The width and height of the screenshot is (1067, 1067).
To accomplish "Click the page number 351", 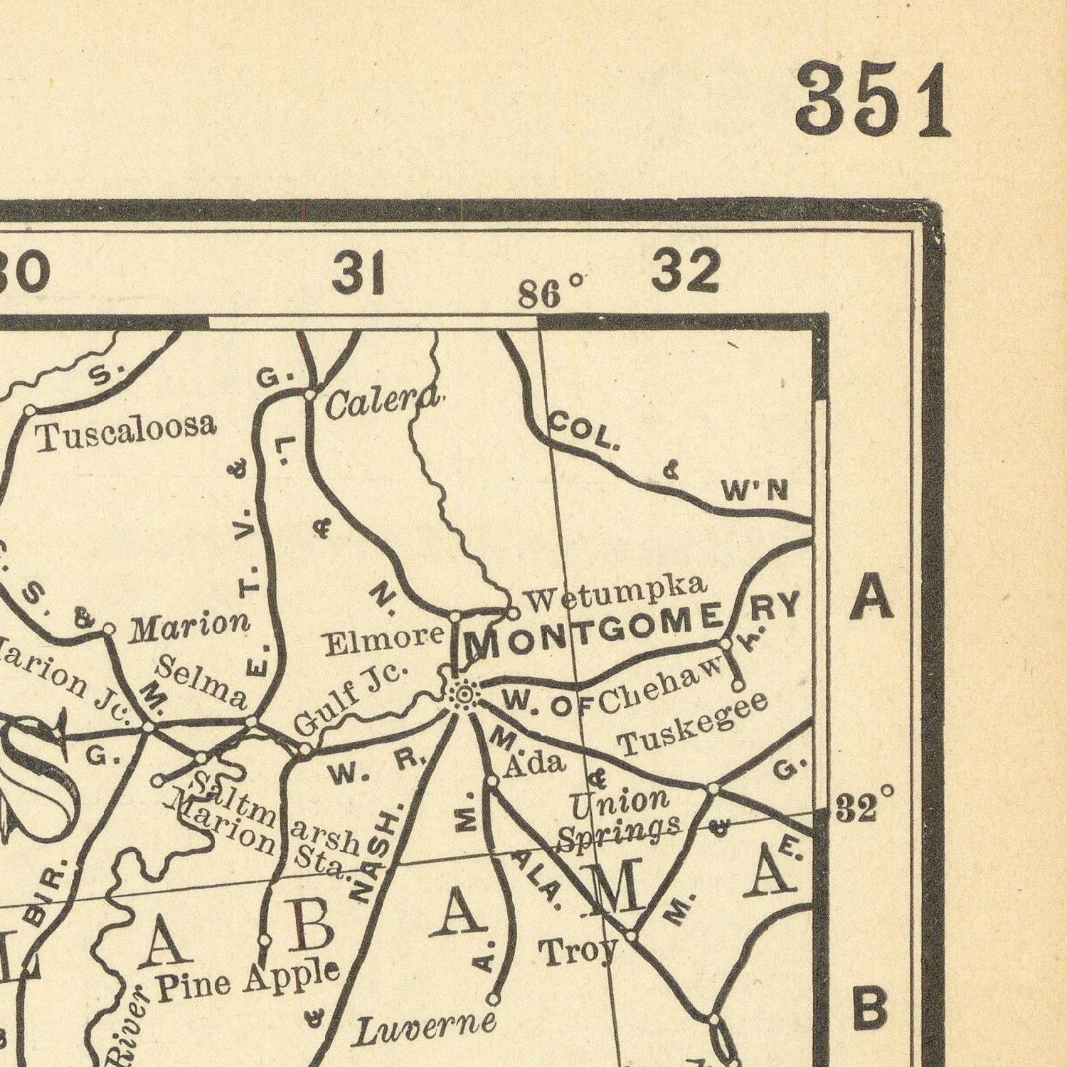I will click(x=874, y=100).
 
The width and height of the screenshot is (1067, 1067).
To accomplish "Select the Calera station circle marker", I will click(x=309, y=393).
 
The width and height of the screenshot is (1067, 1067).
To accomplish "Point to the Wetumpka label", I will click(x=616, y=594).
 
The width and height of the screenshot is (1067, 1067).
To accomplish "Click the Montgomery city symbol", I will click(x=463, y=695).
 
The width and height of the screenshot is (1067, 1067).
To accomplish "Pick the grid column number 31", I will click(x=359, y=272).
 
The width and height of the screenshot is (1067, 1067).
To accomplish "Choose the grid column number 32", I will click(x=686, y=271).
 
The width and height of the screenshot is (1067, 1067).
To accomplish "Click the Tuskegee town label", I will click(x=694, y=723).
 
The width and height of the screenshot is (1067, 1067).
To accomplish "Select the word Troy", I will click(x=578, y=951).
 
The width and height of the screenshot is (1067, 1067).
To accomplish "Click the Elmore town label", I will click(x=384, y=639).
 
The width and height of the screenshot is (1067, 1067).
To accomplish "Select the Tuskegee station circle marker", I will click(x=738, y=686).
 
